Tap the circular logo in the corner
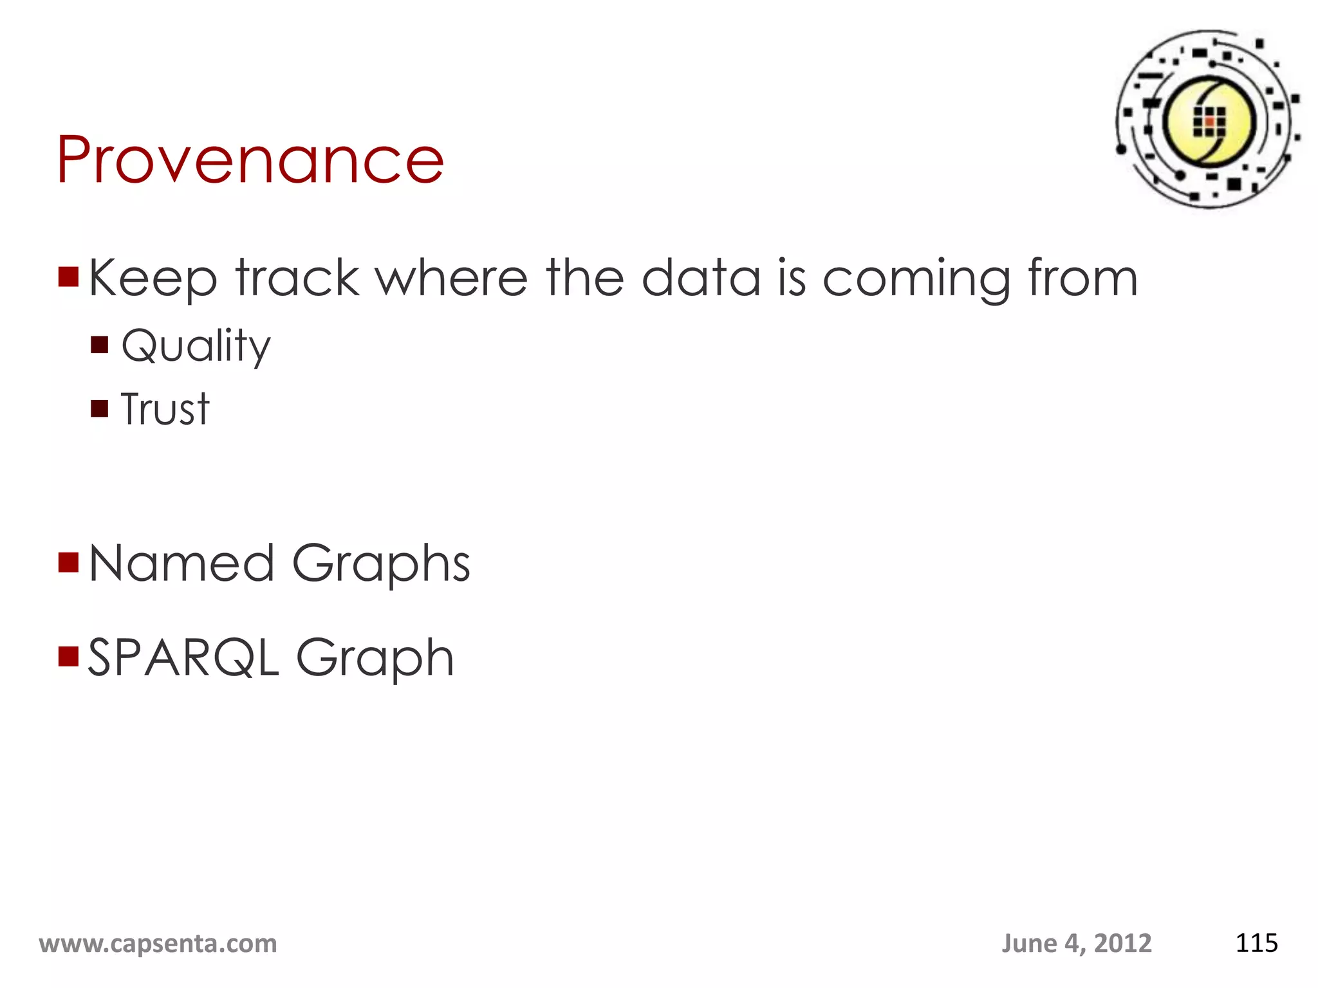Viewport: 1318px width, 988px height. [1208, 120]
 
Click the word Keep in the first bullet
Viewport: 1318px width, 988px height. [153, 279]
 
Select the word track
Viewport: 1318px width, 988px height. [297, 278]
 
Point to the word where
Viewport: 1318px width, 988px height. [451, 278]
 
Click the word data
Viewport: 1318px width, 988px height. [701, 278]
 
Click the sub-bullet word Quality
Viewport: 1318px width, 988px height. [196, 346]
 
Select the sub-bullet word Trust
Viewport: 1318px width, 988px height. [165, 409]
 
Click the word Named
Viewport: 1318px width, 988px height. [181, 563]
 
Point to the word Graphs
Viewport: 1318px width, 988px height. [382, 564]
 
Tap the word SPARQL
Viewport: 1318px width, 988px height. [183, 657]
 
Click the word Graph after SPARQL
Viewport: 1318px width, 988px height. [375, 658]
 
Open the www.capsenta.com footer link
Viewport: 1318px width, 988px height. [158, 944]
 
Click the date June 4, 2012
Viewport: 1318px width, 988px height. [1076, 944]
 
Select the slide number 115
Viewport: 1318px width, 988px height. [1256, 944]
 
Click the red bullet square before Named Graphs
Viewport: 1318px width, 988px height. [68, 562]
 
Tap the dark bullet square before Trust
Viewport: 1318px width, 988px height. [100, 408]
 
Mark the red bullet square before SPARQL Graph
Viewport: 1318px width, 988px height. [68, 656]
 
